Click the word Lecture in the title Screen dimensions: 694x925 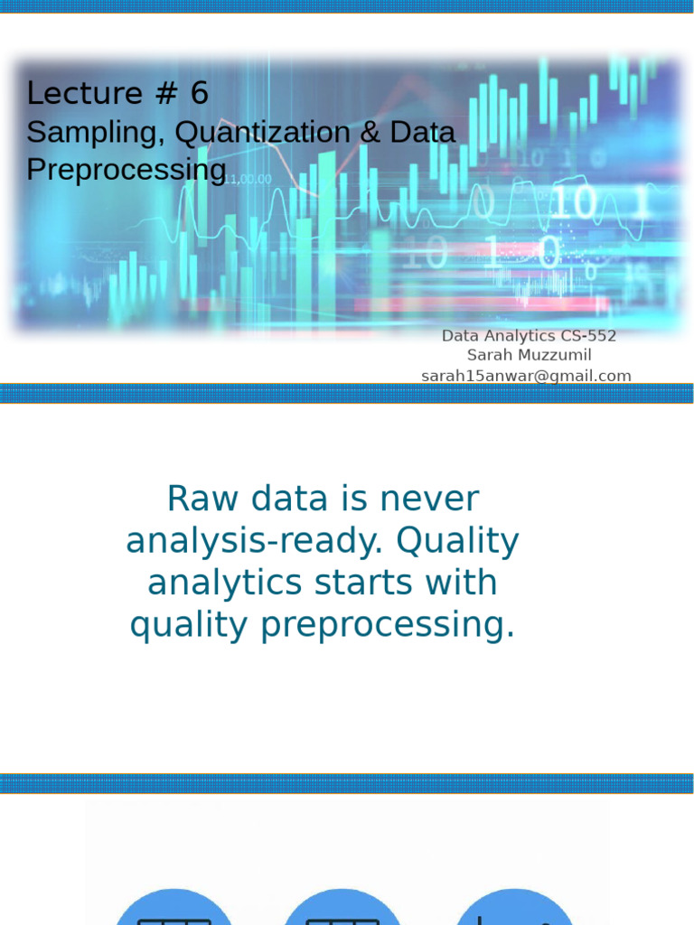pyautogui.click(x=84, y=93)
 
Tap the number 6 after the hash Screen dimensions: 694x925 pyautogui.click(x=199, y=93)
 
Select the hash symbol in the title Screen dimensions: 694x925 pyautogui.click(x=166, y=93)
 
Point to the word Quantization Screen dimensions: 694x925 pyautogui.click(x=263, y=133)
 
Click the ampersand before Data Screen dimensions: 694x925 pyautogui.click(x=370, y=132)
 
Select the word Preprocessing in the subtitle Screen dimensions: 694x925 pyautogui.click(x=127, y=171)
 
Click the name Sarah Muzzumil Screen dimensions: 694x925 pyautogui.click(x=529, y=355)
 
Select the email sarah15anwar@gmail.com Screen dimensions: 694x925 pyautogui.click(x=526, y=376)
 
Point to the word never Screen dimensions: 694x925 pyautogui.click(x=429, y=499)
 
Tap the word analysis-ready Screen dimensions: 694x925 pyautogui.click(x=254, y=542)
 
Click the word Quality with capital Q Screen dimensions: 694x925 pyautogui.click(x=457, y=542)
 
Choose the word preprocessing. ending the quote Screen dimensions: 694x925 pyautogui.click(x=388, y=625)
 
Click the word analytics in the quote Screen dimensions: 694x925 pyautogui.click(x=225, y=583)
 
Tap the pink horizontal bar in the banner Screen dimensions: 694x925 pyautogui.click(x=481, y=304)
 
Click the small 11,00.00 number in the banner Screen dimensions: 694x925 pyautogui.click(x=248, y=180)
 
